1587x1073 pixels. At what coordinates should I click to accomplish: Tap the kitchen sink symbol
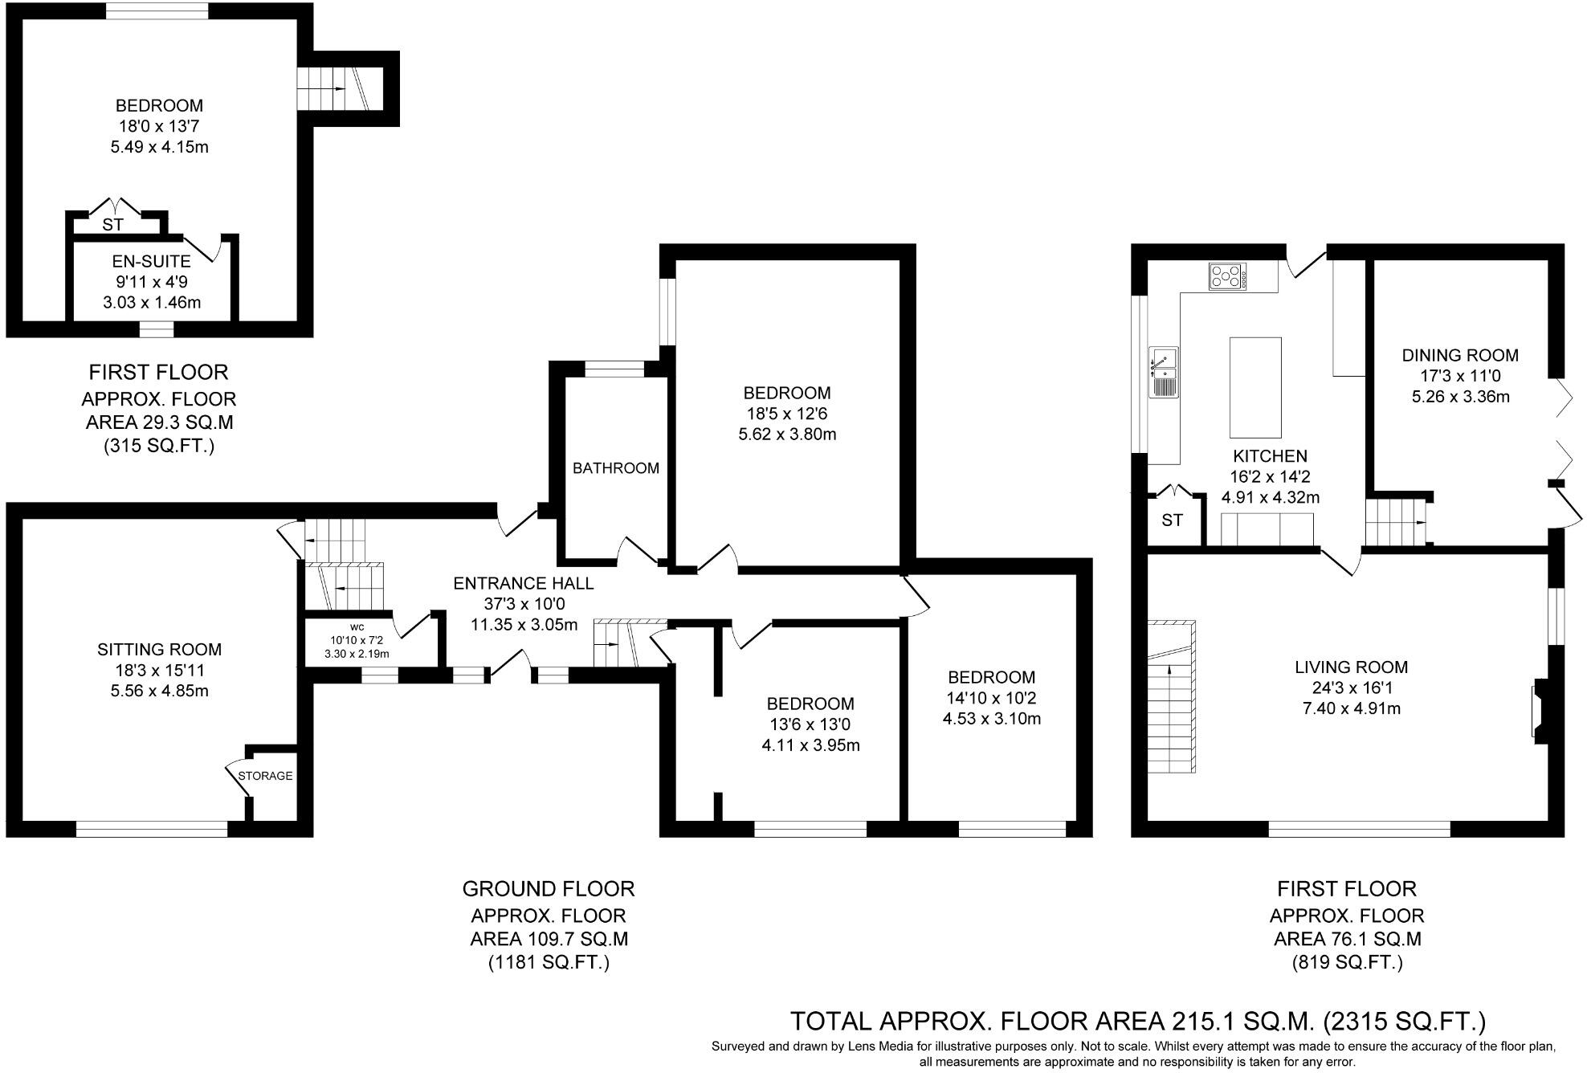(1163, 373)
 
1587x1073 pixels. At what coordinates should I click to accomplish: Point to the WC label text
(357, 626)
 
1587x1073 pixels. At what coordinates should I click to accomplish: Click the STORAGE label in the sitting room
(265, 776)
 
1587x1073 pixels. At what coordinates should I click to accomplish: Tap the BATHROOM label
(615, 468)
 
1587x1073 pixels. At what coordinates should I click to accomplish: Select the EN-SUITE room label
(151, 261)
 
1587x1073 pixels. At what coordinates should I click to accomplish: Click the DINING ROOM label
(1460, 355)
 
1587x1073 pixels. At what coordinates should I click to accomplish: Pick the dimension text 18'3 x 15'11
(159, 670)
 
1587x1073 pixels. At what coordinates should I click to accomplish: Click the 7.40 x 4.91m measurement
(1351, 708)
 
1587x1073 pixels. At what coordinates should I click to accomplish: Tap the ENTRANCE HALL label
(524, 583)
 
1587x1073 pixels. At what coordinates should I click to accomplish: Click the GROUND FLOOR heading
(549, 889)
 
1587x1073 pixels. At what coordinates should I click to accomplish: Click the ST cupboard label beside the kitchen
(1172, 520)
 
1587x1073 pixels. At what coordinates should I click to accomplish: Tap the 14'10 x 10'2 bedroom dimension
(991, 698)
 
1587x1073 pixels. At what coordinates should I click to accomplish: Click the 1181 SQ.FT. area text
(549, 962)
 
